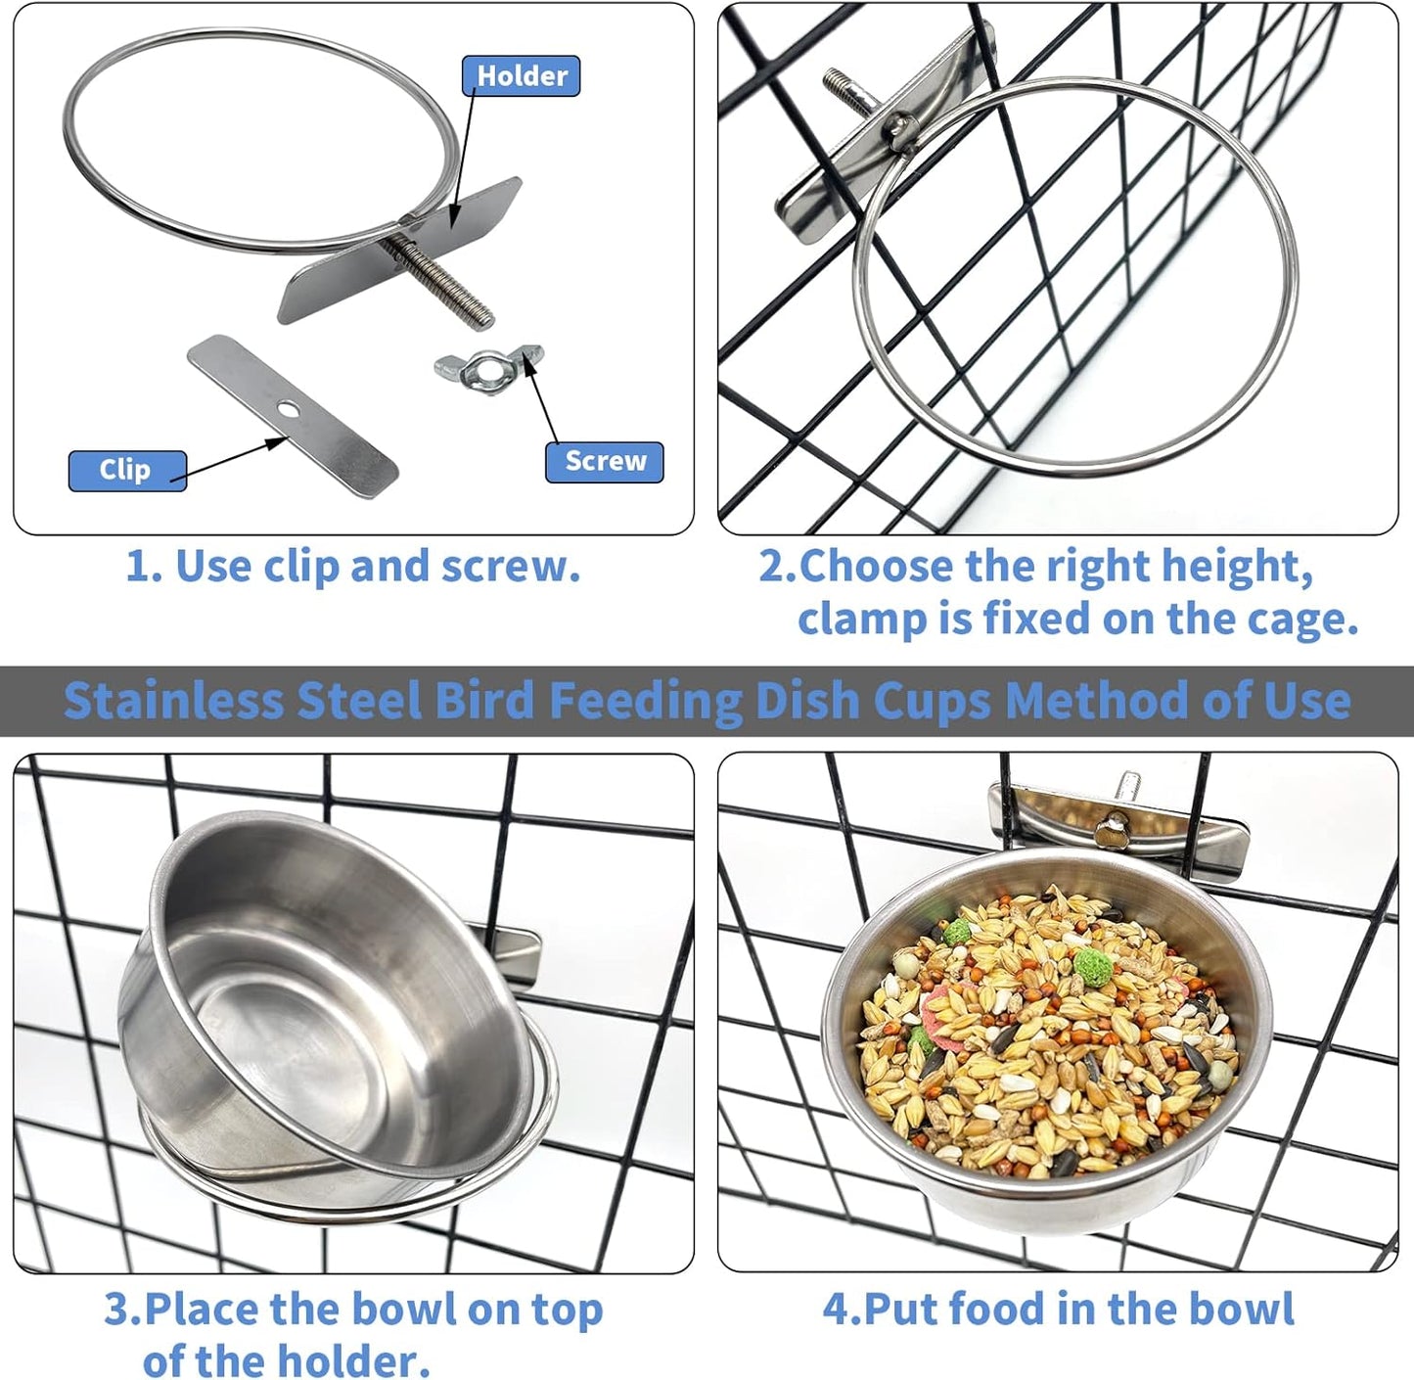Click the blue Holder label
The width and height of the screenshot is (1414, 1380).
tap(521, 76)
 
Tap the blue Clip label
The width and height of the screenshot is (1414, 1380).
tap(126, 470)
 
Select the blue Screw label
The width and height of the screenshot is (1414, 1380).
tap(605, 462)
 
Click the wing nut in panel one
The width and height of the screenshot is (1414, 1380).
tap(487, 367)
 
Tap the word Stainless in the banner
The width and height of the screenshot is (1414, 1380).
tap(171, 701)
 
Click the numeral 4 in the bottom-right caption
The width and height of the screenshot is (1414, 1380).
tap(835, 1310)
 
